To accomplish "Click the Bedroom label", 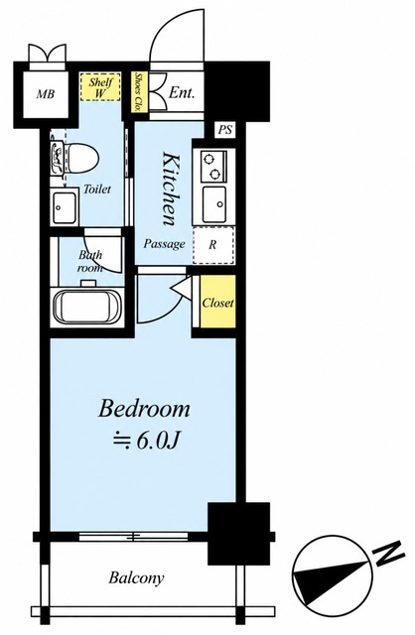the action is coord(144,409).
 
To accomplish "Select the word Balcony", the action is coord(136,577).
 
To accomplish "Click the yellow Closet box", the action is coord(217,302).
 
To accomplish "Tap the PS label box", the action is coord(225,130).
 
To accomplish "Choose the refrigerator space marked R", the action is coord(213,245).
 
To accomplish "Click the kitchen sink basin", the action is coord(214,204).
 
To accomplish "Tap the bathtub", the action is coord(88,307).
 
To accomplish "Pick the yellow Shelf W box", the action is coord(100,87).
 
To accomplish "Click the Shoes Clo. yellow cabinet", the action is coord(139,92).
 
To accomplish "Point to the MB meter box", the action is coord(46,94).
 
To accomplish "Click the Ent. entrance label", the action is coord(182,92).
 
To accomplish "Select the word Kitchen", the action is coord(170,189).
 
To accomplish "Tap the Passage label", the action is coord(165,244).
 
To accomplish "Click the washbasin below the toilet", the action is coord(65,207).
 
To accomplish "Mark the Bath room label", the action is coord(90,261).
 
